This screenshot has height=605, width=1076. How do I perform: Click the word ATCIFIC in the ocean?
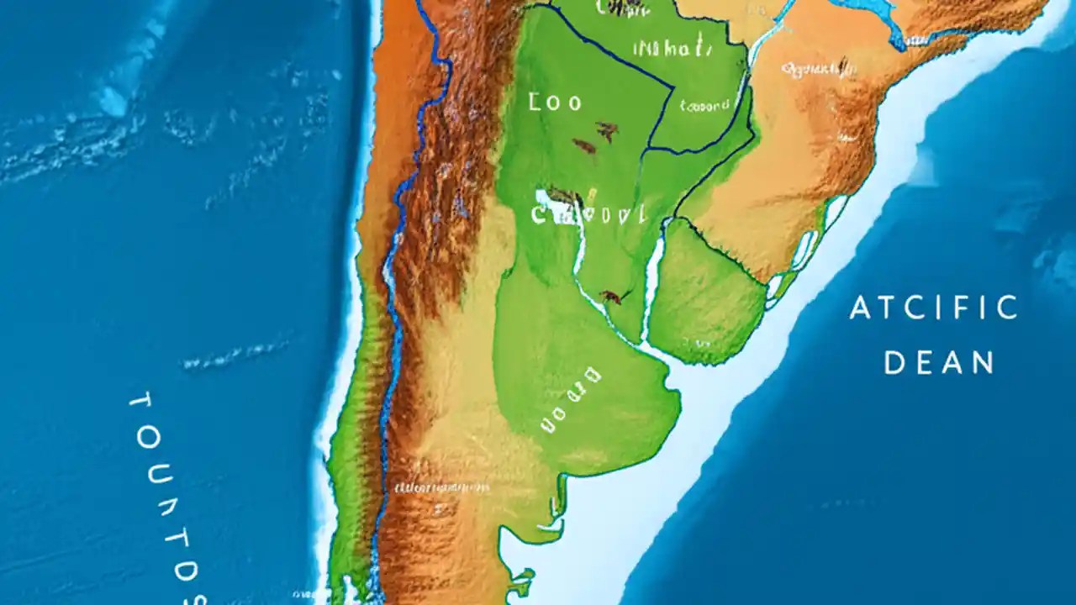click(x=933, y=308)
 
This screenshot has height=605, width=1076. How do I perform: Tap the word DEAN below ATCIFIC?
click(x=939, y=363)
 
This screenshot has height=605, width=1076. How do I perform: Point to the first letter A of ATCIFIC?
click(x=859, y=309)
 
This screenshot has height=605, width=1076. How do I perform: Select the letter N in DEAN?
click(x=983, y=363)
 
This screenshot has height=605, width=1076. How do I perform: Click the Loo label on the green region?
click(x=555, y=103)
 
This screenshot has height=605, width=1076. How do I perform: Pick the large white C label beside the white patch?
click(x=588, y=214)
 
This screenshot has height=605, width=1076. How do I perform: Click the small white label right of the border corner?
click(x=704, y=107)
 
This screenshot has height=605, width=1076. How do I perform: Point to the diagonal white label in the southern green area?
click(x=571, y=400)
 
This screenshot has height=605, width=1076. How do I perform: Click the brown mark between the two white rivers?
click(x=611, y=297)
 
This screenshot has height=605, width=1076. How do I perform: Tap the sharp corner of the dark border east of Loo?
click(x=672, y=86)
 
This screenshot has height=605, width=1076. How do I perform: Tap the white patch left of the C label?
click(x=551, y=198)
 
